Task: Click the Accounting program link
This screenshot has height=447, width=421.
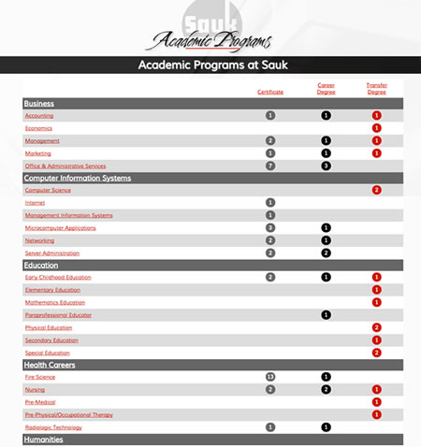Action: (x=39, y=115)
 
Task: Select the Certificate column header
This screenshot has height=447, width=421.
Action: (x=270, y=92)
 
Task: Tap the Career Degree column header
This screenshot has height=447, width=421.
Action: (x=327, y=88)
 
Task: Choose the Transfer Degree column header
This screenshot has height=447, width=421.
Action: (x=377, y=88)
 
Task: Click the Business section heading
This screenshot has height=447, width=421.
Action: (x=39, y=103)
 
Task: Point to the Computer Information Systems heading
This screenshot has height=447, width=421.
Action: (x=77, y=178)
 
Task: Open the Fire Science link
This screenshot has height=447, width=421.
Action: (x=40, y=377)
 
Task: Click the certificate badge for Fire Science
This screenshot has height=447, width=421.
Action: (x=270, y=377)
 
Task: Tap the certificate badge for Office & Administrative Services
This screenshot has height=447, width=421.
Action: (x=270, y=166)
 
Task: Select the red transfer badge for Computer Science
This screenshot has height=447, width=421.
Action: (x=377, y=190)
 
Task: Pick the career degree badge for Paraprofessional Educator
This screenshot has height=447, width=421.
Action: (x=327, y=314)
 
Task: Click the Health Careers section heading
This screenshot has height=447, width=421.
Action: (x=52, y=365)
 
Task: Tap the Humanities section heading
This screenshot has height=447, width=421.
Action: (x=43, y=439)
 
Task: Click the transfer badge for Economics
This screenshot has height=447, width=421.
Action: (x=377, y=128)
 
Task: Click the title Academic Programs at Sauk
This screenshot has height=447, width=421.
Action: (x=210, y=65)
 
